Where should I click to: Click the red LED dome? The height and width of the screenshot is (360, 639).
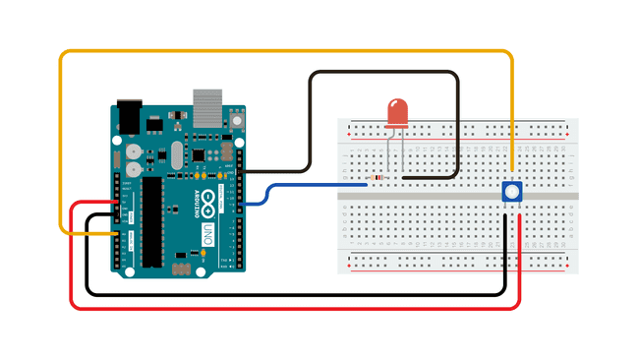pos(398,112)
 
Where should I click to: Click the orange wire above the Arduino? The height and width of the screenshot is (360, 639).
pos(285,52)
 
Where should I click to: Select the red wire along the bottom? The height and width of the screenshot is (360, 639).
pos(295,307)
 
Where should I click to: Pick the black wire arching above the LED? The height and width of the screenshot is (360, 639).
pos(383,72)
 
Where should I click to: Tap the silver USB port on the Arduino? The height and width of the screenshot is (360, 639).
pos(206,106)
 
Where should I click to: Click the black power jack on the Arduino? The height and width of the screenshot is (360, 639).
pos(130,115)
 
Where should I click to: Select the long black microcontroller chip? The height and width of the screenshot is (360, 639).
pos(152,221)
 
